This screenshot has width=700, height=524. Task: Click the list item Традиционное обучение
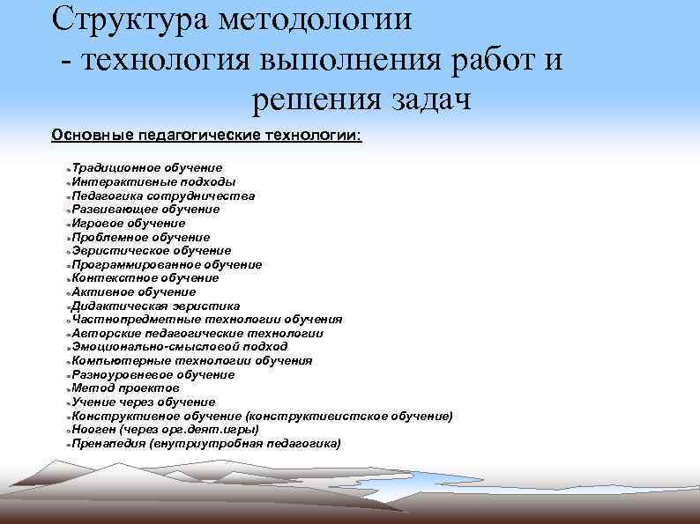point(147,167)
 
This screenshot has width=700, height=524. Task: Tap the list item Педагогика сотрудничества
point(163,196)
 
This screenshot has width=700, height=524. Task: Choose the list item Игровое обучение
point(129,223)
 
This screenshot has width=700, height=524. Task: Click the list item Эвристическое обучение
point(152,250)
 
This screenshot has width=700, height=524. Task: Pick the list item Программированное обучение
point(167,264)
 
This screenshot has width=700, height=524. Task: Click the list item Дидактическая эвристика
point(155,306)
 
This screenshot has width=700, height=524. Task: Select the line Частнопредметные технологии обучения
point(207,319)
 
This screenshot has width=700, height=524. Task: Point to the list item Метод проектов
point(125,387)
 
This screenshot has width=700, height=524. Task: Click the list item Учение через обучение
point(144,402)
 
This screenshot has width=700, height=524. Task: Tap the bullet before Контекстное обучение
point(68,279)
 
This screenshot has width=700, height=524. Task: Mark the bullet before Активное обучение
point(68,292)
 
